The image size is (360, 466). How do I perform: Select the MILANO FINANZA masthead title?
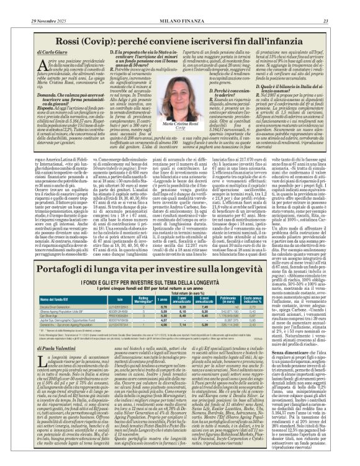click(x=179, y=6)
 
